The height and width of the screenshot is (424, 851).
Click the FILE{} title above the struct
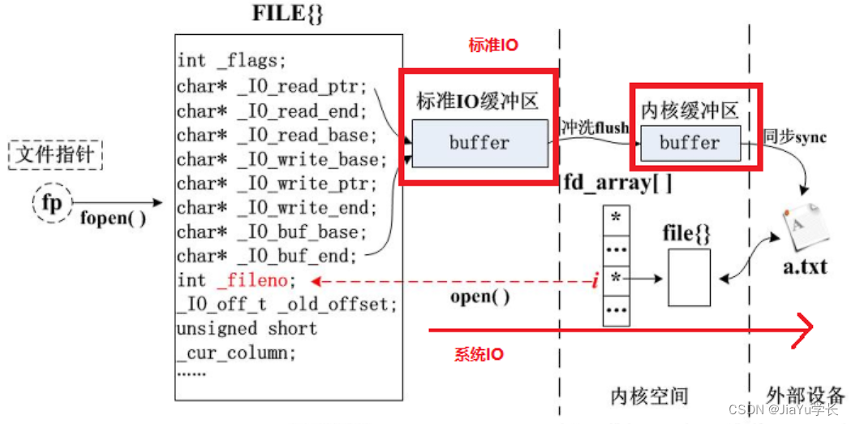point(289,15)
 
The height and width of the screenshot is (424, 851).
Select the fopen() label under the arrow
point(113,218)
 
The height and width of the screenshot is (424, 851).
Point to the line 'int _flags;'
point(232,61)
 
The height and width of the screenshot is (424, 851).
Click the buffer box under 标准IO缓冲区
point(479,143)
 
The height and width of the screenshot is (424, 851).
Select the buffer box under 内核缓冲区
point(690,144)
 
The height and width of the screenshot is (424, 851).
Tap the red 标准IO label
point(492,45)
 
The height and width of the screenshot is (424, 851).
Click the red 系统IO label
point(478,354)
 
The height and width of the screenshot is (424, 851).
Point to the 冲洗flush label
point(595,128)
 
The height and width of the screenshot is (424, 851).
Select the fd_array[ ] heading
point(618,182)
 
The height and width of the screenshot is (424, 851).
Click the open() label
point(480,296)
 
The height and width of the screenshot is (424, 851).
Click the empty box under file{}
point(689,277)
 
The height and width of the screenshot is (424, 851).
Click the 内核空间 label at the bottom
point(649,396)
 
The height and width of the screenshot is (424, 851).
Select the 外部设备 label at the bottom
point(802,395)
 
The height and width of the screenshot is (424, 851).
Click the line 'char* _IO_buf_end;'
point(267,256)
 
